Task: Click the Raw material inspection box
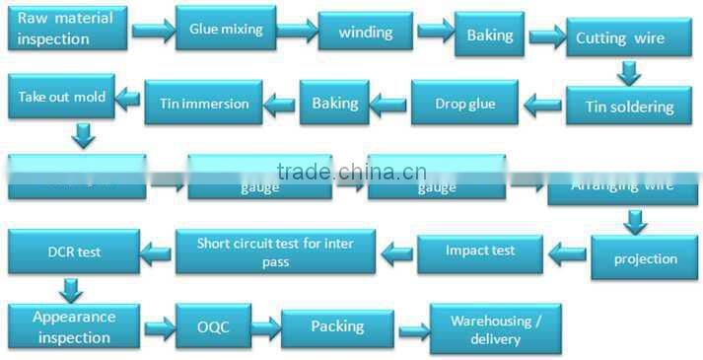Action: [x=65, y=29]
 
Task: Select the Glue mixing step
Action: [x=226, y=30]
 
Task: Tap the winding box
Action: [x=366, y=32]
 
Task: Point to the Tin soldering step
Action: [x=629, y=106]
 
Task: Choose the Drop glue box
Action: [x=464, y=103]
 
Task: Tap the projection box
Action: [x=645, y=258]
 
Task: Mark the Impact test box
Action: [x=480, y=252]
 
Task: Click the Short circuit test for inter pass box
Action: [x=275, y=252]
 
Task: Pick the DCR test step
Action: [x=71, y=252]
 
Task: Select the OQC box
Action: [x=213, y=324]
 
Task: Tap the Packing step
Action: [x=337, y=325]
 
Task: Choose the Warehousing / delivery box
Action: [x=496, y=328]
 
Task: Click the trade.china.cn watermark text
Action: [x=351, y=173]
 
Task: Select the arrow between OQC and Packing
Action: [x=266, y=326]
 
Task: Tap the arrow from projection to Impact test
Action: [x=567, y=256]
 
